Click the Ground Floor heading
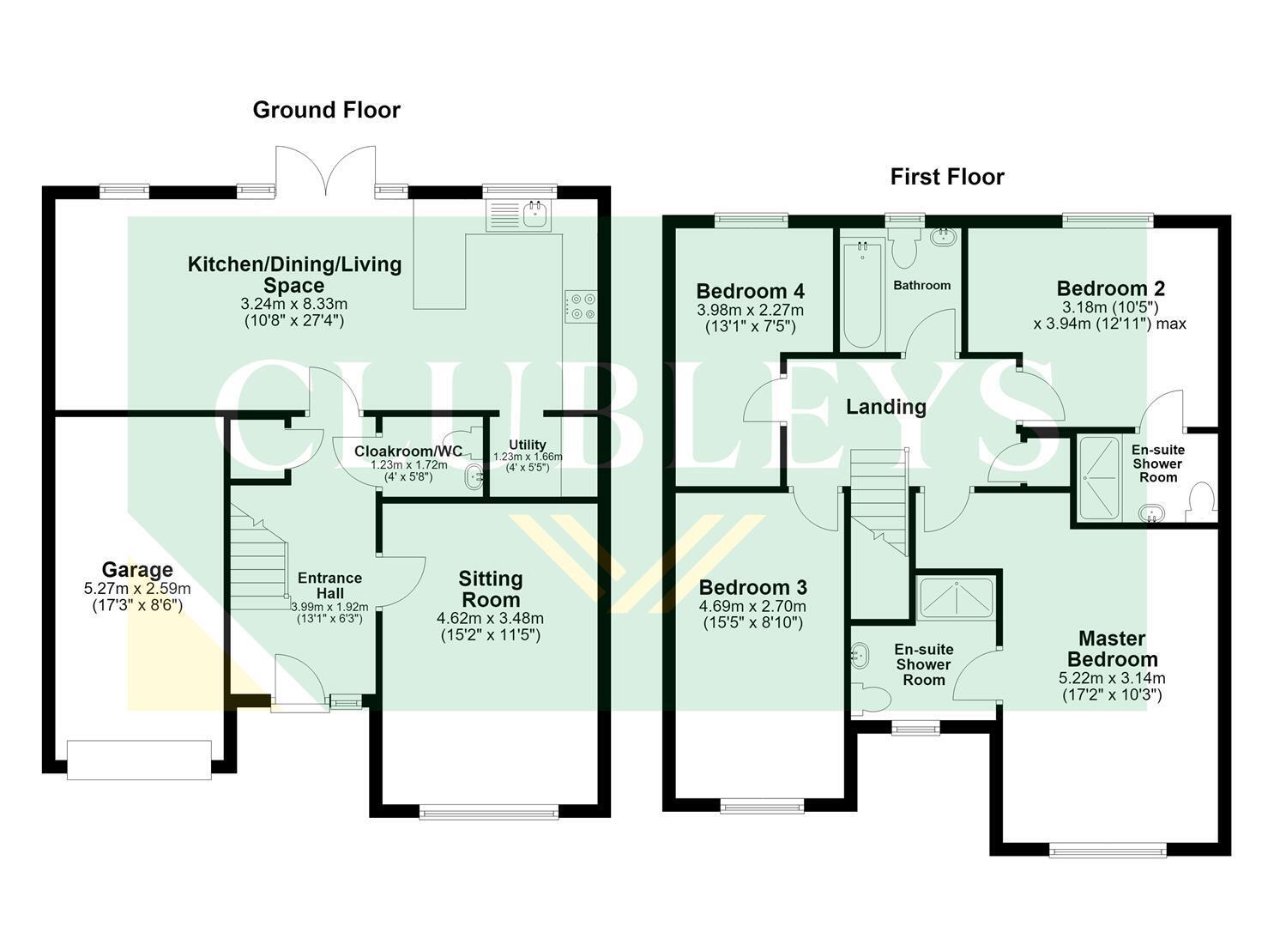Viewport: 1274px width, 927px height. pyautogui.click(x=327, y=110)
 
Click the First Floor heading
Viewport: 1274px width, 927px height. pyautogui.click(x=947, y=177)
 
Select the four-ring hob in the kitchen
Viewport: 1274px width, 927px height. pyautogui.click(x=581, y=306)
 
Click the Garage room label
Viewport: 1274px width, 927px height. pyautogui.click(x=137, y=570)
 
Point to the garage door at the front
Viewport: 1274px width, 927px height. pyautogui.click(x=139, y=760)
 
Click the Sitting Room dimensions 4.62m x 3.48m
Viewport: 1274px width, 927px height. pyautogui.click(x=490, y=618)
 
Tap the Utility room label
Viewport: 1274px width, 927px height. pyautogui.click(x=528, y=445)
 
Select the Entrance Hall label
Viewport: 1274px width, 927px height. pyautogui.click(x=330, y=585)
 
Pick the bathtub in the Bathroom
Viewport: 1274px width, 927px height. pyautogui.click(x=863, y=295)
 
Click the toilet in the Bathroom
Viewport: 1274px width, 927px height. pyautogui.click(x=903, y=248)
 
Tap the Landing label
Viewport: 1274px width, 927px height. pyautogui.click(x=886, y=407)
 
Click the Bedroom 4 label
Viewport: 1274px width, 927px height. pyautogui.click(x=750, y=291)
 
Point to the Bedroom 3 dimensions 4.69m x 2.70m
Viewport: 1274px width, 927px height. pyautogui.click(x=752, y=607)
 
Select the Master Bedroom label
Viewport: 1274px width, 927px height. pyautogui.click(x=1113, y=649)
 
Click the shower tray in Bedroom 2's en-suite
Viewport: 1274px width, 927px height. pyautogui.click(x=1099, y=478)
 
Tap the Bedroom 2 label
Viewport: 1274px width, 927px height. pyautogui.click(x=1111, y=288)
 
